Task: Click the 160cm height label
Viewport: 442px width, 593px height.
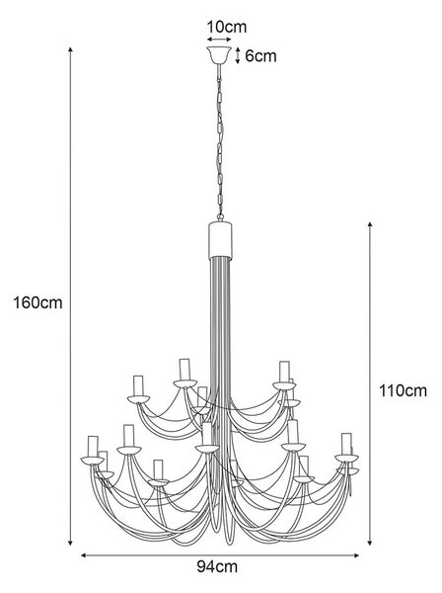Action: click(x=37, y=303)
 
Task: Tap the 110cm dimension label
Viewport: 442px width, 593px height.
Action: click(x=403, y=390)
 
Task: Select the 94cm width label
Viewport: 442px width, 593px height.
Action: click(x=217, y=566)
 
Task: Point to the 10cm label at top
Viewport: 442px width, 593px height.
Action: click(x=227, y=27)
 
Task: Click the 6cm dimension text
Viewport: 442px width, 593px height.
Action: click(x=260, y=56)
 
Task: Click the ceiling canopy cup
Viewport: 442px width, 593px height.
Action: click(x=219, y=55)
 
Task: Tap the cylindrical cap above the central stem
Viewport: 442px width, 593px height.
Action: click(x=220, y=240)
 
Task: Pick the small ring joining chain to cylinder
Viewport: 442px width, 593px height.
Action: click(x=220, y=217)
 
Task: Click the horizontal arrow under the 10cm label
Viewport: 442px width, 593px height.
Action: click(x=219, y=40)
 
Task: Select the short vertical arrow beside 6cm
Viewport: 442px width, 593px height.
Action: click(x=238, y=55)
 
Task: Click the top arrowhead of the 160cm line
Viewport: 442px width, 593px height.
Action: click(x=70, y=50)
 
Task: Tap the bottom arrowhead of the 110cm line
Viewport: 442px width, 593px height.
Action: click(x=370, y=543)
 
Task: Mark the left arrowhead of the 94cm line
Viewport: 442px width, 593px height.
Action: click(x=84, y=555)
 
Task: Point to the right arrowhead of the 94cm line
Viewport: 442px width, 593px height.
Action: click(x=355, y=555)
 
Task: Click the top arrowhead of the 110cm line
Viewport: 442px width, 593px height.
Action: click(x=370, y=225)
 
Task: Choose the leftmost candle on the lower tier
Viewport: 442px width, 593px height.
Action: click(x=93, y=447)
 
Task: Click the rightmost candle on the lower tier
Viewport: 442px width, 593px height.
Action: click(x=346, y=444)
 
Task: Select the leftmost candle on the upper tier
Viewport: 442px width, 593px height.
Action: click(x=138, y=385)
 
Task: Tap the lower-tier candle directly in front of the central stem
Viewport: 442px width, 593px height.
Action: click(x=207, y=434)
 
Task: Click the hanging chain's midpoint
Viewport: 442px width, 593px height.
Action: click(x=220, y=140)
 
